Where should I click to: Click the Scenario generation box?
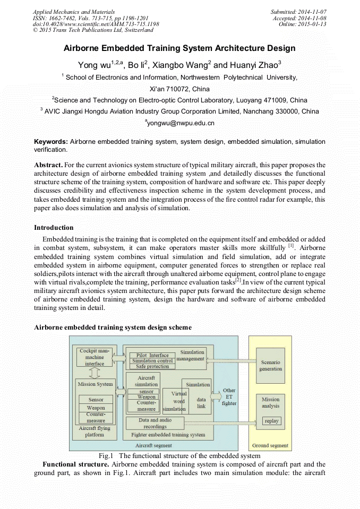tap(270, 365)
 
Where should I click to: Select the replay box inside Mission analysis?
tap(271, 421)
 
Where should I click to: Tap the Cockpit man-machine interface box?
tap(95, 357)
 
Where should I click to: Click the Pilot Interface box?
tap(152, 355)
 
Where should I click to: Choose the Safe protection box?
tap(152, 366)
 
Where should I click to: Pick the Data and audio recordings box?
tap(155, 423)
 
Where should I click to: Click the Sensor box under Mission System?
tap(96, 400)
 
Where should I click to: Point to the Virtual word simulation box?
tap(175, 401)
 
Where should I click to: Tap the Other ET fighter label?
tap(229, 396)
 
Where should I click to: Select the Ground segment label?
tap(270, 445)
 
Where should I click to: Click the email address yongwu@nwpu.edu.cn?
tap(179, 123)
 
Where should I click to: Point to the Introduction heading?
tap(54, 228)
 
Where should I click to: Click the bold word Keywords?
tap(50, 142)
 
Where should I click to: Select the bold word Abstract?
tap(49, 165)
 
